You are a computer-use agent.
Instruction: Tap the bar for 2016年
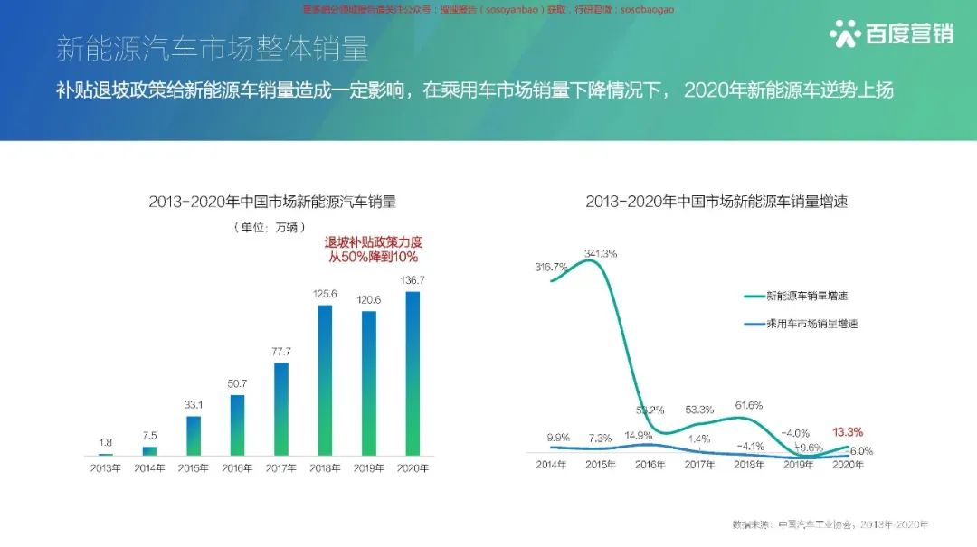click(238, 424)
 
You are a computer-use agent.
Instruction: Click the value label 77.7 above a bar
click(280, 351)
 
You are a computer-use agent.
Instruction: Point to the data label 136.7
click(413, 279)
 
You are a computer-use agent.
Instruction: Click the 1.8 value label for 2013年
click(106, 442)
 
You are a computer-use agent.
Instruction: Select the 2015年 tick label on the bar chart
click(193, 468)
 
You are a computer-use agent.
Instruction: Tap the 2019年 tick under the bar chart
click(368, 468)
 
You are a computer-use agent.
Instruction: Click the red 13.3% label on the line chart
click(847, 432)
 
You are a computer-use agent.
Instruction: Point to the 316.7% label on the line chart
click(551, 267)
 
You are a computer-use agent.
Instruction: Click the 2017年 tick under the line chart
click(699, 466)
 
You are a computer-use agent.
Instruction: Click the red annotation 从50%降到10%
click(374, 258)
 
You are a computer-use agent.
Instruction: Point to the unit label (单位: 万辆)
click(270, 226)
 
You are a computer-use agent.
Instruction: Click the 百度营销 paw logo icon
click(846, 33)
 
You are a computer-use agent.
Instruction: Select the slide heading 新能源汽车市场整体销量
click(213, 49)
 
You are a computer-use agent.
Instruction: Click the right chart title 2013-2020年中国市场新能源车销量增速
click(716, 202)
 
